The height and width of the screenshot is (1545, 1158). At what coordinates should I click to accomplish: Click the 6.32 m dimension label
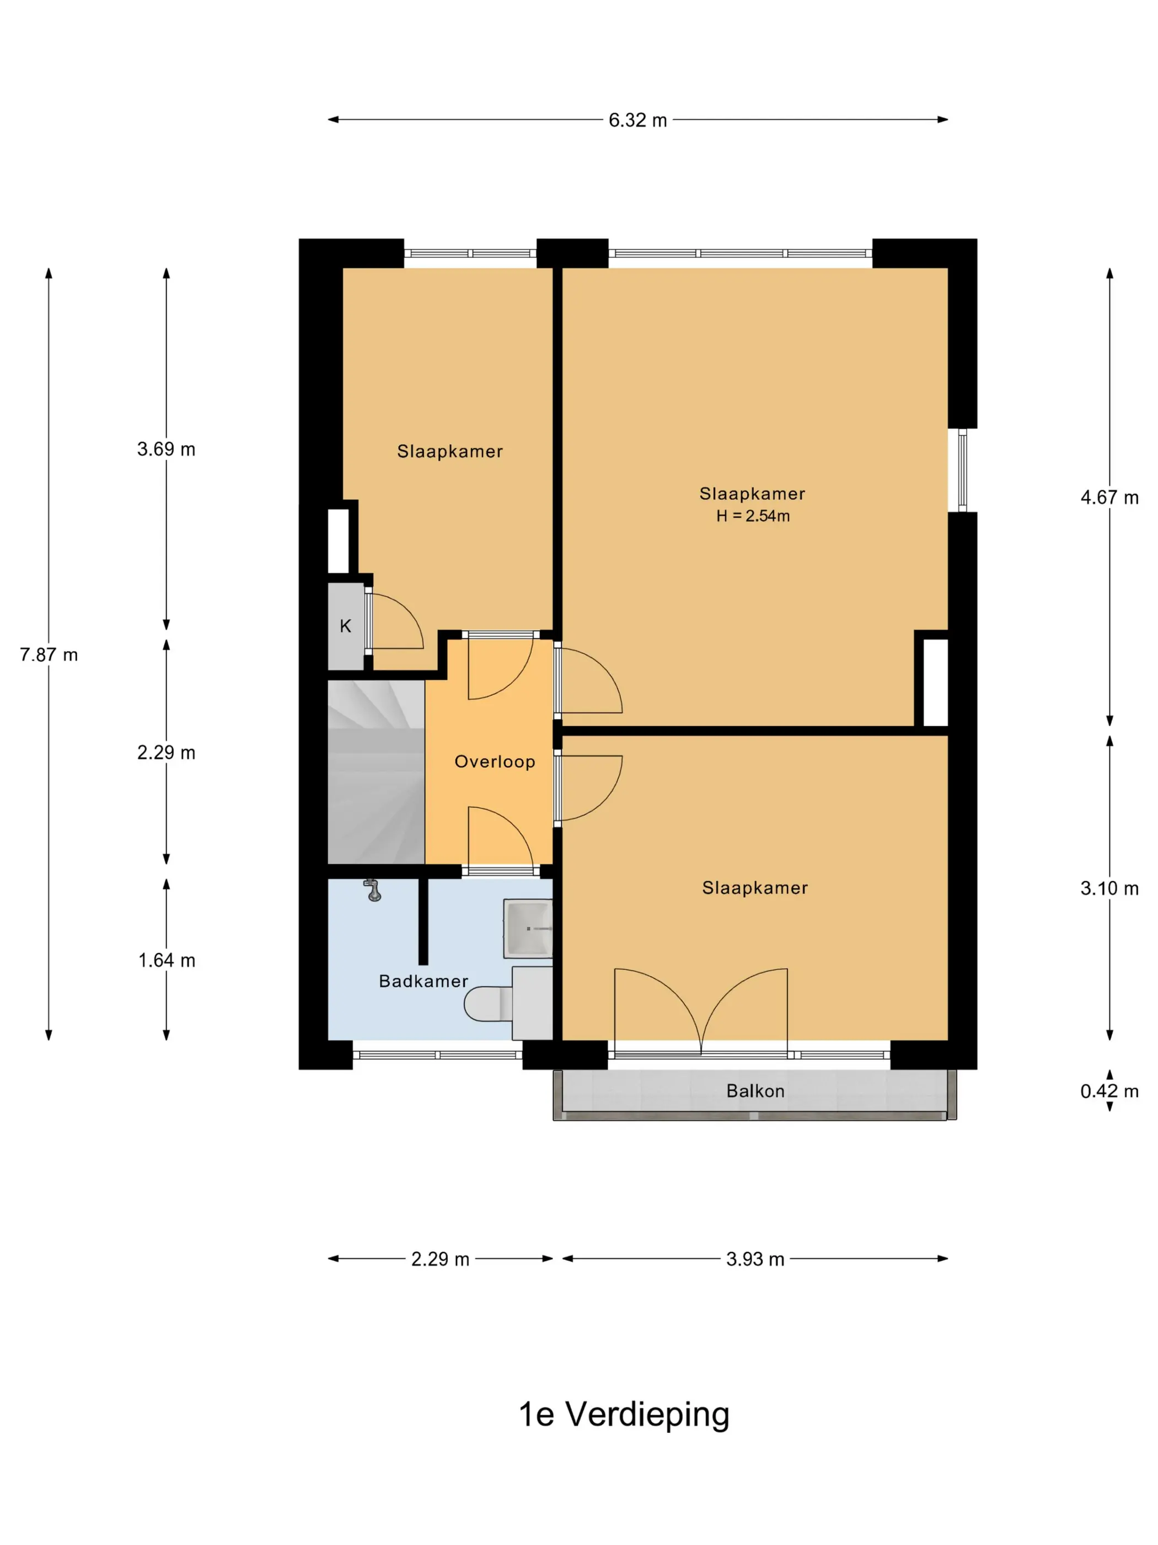(x=637, y=120)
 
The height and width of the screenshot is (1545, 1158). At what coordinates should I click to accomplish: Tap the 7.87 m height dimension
(x=49, y=654)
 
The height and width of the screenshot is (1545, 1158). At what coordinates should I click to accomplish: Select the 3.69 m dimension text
(x=166, y=449)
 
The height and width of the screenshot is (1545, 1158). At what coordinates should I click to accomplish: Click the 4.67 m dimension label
(x=1109, y=497)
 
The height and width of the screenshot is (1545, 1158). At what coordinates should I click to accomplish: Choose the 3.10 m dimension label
(x=1109, y=888)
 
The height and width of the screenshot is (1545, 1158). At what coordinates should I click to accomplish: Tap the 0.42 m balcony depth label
(x=1109, y=1091)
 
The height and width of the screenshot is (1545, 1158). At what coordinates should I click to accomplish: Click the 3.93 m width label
(x=755, y=1259)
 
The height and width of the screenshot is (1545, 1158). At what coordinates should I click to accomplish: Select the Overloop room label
(x=495, y=761)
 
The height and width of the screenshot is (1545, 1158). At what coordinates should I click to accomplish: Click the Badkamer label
(x=423, y=981)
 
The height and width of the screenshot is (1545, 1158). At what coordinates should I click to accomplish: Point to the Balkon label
(x=755, y=1091)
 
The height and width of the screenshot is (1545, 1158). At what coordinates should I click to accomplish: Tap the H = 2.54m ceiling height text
(x=753, y=516)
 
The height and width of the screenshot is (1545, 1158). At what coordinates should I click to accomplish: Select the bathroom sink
(x=528, y=928)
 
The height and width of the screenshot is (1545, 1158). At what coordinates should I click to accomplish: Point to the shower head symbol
(x=373, y=891)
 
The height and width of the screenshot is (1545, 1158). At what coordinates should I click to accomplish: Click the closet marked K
(x=346, y=626)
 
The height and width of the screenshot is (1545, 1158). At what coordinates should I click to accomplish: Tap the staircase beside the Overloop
(x=376, y=772)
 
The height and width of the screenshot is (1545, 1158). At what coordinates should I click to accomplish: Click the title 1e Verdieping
(x=624, y=1414)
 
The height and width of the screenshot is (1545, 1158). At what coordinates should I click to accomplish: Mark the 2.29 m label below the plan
(x=439, y=1259)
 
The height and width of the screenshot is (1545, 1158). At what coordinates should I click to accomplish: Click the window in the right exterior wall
(x=963, y=470)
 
